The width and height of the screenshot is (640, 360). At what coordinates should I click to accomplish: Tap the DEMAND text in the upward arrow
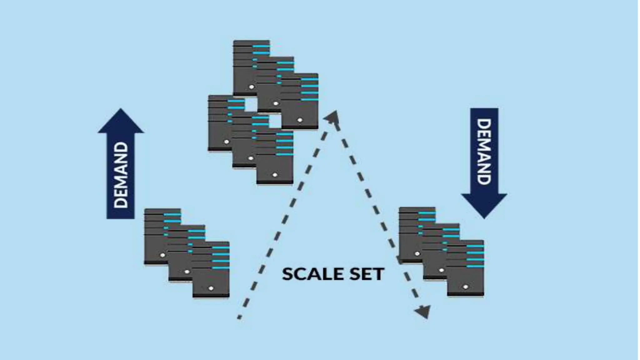pos(121,175)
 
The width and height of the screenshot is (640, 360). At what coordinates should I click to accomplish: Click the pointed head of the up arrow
pos(121,120)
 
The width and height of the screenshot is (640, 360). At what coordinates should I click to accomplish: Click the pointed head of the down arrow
pos(484,206)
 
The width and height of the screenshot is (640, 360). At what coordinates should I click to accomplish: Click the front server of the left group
pos(211,275)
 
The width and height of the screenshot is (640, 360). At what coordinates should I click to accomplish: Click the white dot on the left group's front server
pos(211,288)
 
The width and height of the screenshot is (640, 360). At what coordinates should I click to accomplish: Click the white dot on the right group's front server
pos(465,287)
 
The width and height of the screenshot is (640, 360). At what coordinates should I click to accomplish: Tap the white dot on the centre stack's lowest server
pos(275,175)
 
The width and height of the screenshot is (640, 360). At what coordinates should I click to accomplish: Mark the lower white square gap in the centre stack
pos(275,121)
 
